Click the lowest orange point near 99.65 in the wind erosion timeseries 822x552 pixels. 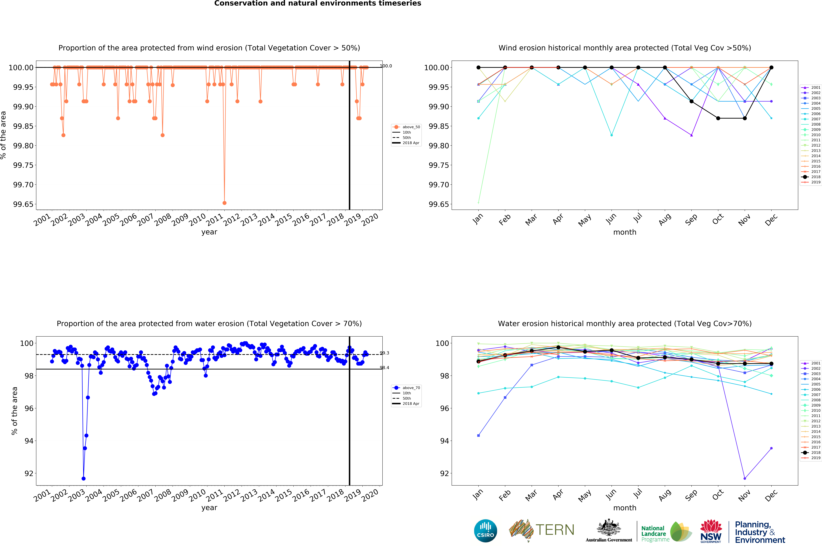click(224, 203)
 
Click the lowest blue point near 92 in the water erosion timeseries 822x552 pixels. click(83, 478)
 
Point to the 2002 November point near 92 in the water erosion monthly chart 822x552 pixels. click(745, 478)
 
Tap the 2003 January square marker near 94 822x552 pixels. click(478, 435)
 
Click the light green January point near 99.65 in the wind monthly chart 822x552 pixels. click(478, 203)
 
